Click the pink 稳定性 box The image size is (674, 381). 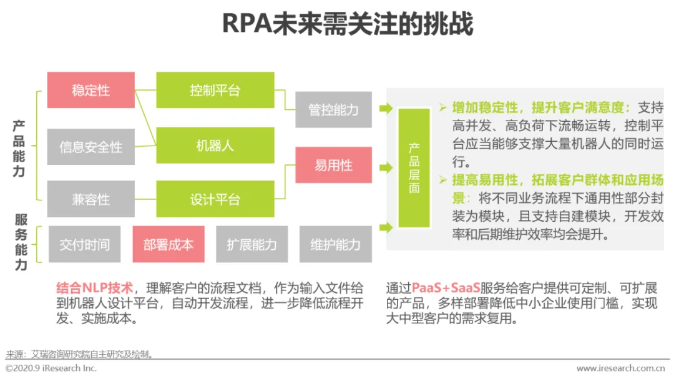pyautogui.click(x=90, y=90)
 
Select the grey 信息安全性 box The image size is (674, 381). pyautogui.click(x=90, y=147)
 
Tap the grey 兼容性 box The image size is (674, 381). pyautogui.click(x=90, y=199)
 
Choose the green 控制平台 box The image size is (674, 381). pyautogui.click(x=215, y=90)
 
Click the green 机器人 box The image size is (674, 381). pyautogui.click(x=215, y=146)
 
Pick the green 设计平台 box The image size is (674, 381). pyautogui.click(x=215, y=199)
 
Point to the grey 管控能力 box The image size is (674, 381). pyautogui.click(x=333, y=109)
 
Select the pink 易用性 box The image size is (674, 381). pyautogui.click(x=333, y=165)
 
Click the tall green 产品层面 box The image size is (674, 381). pyautogui.click(x=414, y=168)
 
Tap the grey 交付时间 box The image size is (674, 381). pyautogui.click(x=85, y=244)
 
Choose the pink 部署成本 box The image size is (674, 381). pyautogui.click(x=168, y=244)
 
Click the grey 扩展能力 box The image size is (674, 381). pyautogui.click(x=252, y=244)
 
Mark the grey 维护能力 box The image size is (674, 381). pyautogui.click(x=335, y=244)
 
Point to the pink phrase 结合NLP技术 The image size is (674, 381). pyautogui.click(x=94, y=289)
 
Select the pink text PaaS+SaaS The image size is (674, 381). pyautogui.click(x=446, y=289)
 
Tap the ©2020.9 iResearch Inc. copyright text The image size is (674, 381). pyautogui.click(x=51, y=369)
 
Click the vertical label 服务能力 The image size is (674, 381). pyautogui.click(x=21, y=242)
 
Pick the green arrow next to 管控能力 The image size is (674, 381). pyautogui.click(x=386, y=109)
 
